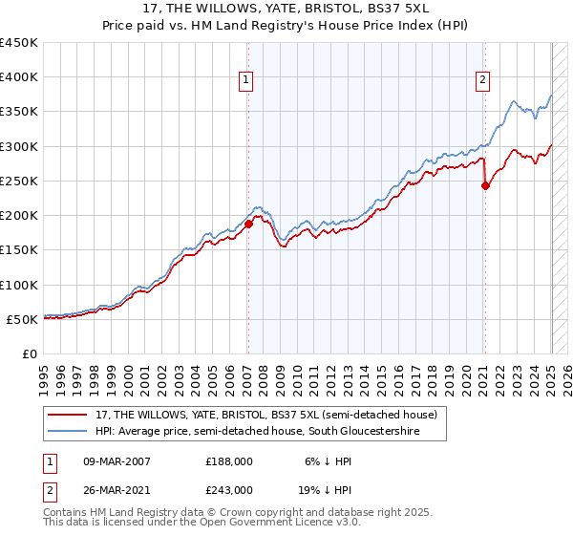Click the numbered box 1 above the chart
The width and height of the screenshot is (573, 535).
pos(247,80)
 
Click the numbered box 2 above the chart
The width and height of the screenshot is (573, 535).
pos(483,80)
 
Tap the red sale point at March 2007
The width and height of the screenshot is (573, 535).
pos(248,224)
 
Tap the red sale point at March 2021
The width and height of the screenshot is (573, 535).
pos(485,185)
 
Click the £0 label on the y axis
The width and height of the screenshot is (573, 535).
pos(30,353)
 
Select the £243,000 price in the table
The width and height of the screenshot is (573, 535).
pos(229,489)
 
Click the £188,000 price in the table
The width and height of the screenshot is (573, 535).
pos(229,460)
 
